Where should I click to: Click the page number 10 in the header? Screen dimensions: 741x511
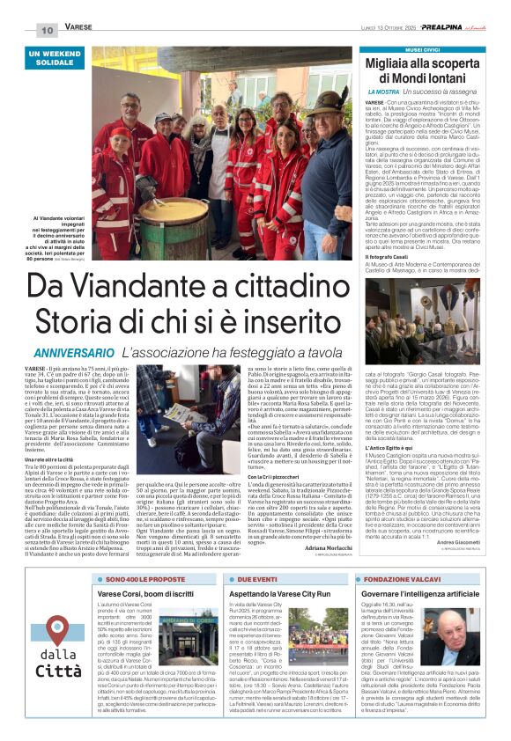coord(47,31)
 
